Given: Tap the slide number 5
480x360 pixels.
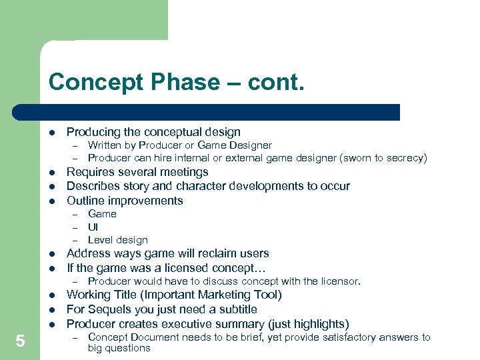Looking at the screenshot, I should click(20, 341).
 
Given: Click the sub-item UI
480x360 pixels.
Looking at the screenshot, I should click(93, 227).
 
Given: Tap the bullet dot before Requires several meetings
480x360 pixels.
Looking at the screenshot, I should click(51, 173).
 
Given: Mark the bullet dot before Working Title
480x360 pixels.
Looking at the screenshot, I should click(51, 295).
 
